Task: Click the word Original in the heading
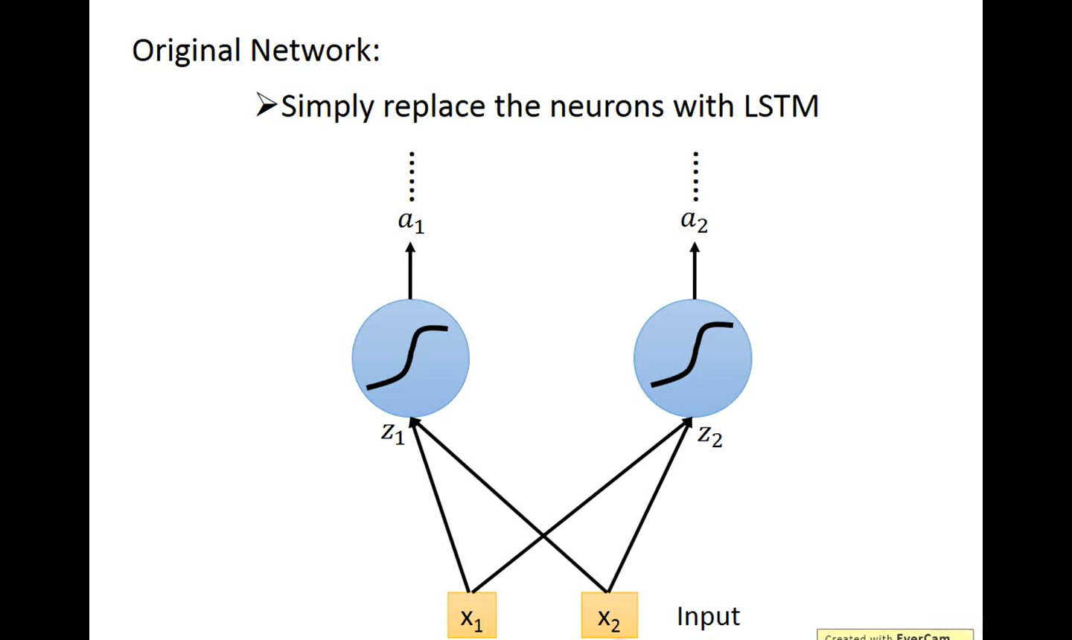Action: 185,51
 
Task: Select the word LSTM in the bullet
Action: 781,106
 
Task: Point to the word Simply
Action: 328,107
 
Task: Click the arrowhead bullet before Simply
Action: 267,105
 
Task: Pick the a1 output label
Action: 411,222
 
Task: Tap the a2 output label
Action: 695,221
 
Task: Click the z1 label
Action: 393,433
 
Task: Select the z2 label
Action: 710,436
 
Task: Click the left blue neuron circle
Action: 411,359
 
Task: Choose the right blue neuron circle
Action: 693,359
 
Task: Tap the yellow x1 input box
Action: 472,615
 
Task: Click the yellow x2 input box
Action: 609,615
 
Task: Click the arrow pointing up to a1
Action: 410,271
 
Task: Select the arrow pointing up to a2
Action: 695,271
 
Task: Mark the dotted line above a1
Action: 412,176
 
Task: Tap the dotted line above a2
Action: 695,176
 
